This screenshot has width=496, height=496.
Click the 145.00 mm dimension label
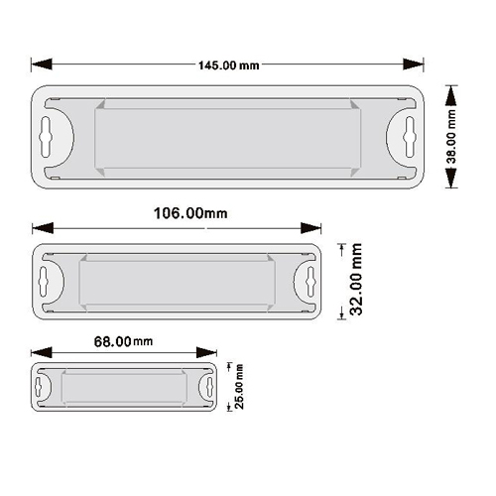(228, 65)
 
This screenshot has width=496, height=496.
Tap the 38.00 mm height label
(451, 137)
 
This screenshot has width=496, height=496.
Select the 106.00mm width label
(190, 213)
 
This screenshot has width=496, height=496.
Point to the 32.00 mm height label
(356, 280)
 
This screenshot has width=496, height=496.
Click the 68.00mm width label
(123, 341)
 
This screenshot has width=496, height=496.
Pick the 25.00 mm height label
(239, 387)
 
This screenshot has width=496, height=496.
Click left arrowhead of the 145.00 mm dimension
(42, 64)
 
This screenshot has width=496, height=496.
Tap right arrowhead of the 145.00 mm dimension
(414, 64)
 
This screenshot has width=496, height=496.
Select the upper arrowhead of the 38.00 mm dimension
(451, 96)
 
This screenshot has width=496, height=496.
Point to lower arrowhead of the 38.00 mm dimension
(451, 178)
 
